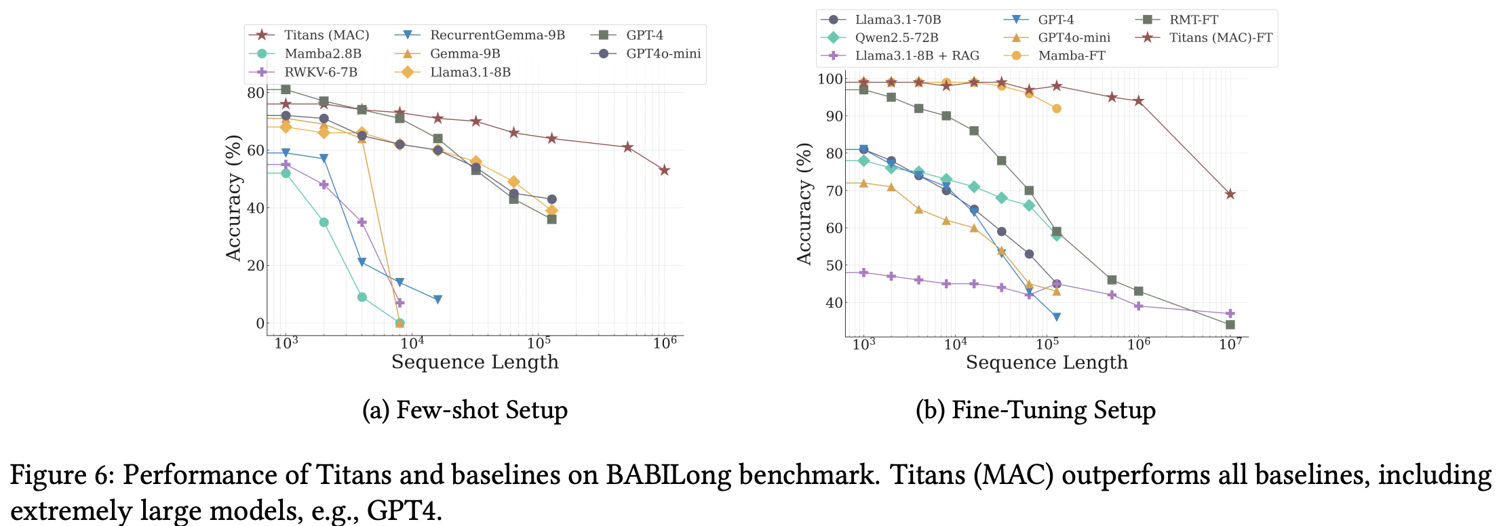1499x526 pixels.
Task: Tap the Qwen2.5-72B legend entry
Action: pos(896,38)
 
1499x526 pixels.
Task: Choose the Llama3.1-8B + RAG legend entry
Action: pos(917,56)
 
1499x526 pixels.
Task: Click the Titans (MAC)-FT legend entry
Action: pos(1220,38)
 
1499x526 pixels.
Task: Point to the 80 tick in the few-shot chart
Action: pos(255,93)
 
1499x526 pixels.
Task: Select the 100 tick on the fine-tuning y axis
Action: pos(829,79)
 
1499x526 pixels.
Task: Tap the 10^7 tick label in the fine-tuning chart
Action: pos(1230,344)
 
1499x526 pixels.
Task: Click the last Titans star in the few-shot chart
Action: pos(665,170)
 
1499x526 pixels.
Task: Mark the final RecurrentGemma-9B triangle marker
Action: pos(437,300)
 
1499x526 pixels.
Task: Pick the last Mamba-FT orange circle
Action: pos(1056,108)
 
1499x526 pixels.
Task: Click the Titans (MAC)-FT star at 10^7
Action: pos(1230,195)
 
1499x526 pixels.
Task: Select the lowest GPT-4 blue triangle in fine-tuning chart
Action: pos(1056,317)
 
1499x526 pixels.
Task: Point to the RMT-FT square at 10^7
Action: pos(1230,325)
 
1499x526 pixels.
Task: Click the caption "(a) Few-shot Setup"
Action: pos(465,411)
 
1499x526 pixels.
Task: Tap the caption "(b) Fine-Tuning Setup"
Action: pos(1035,411)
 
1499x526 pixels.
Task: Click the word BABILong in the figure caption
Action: pos(667,475)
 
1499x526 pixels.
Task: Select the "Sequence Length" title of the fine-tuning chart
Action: pos(1046,363)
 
